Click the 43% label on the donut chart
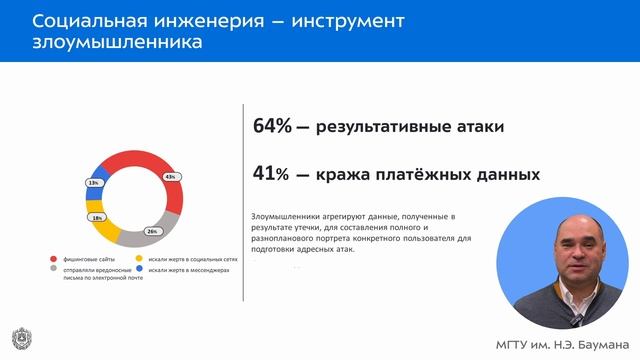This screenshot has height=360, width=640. click(x=170, y=177)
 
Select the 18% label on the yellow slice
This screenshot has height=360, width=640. click(x=97, y=217)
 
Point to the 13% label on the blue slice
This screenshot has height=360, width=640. click(x=93, y=183)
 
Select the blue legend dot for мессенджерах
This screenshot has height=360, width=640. click(x=138, y=270)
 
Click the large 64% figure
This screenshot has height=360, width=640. click(x=272, y=126)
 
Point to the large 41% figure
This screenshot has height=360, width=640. click(x=271, y=173)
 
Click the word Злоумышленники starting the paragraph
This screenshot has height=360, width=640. click(x=288, y=215)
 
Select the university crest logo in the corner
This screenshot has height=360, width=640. click(x=19, y=337)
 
